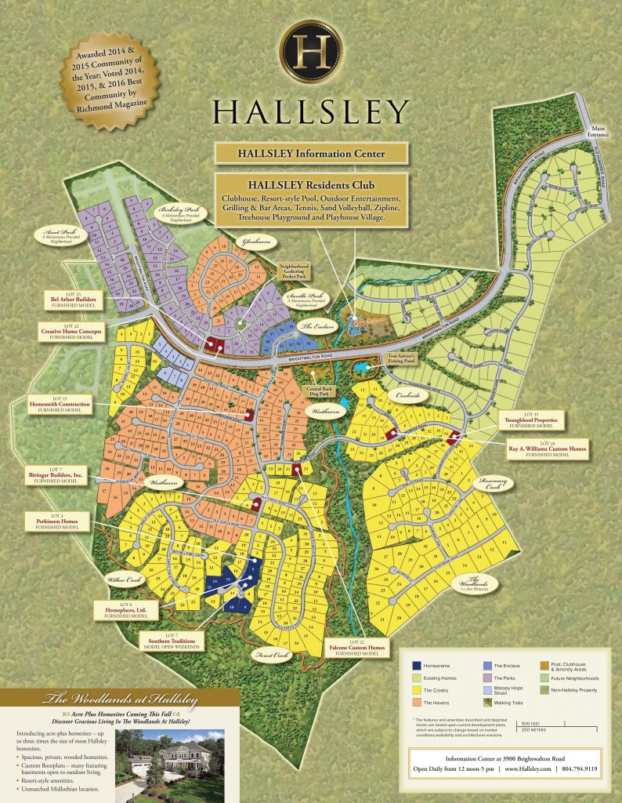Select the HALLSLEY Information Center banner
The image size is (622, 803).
tap(311, 154)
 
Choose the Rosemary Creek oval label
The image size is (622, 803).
tap(490, 485)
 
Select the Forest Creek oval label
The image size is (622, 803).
tap(269, 655)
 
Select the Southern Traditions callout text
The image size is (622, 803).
tap(170, 641)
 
